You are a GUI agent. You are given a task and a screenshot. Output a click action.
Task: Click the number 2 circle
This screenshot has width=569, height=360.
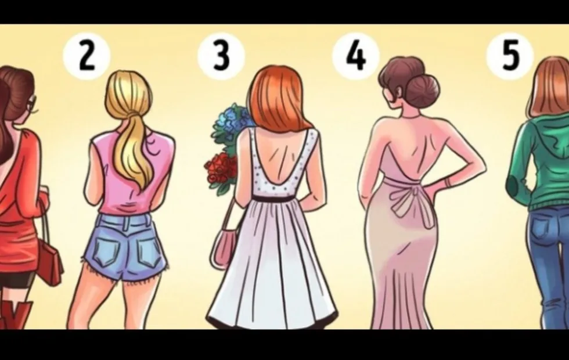pos(87,56)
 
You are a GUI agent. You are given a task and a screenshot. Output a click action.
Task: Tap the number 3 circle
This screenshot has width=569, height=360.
pos(221,56)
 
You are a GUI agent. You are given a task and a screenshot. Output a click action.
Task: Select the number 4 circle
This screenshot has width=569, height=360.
pos(356,56)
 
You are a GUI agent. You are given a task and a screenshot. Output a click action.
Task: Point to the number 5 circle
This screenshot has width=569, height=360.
pos(510,56)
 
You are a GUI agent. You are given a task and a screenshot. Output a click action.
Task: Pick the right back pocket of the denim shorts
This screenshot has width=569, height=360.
pos(149,252)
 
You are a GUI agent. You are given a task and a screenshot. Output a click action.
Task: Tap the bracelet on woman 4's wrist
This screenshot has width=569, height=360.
pos(446,181)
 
